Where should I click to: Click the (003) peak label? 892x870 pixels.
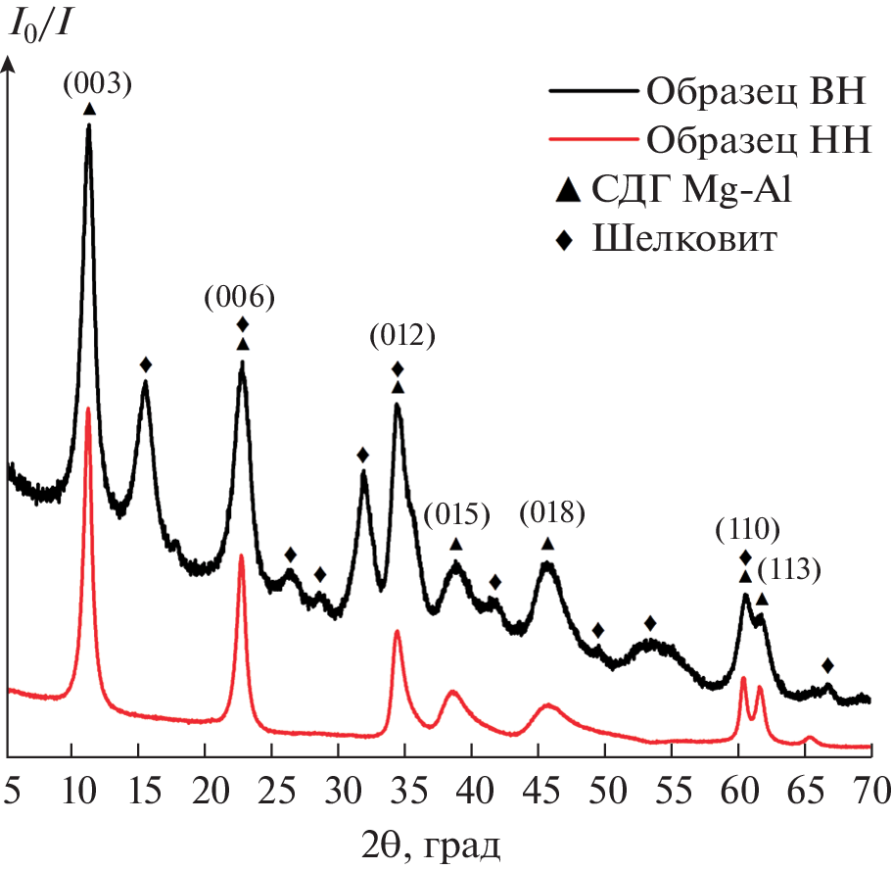click(97, 85)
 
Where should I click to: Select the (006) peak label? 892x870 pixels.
click(239, 297)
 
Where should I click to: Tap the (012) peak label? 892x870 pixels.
click(401, 337)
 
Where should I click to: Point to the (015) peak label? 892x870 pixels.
click(455, 514)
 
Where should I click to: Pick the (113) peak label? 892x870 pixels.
click(788, 568)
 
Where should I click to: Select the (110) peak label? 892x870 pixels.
click(747, 530)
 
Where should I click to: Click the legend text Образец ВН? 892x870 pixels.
click(754, 94)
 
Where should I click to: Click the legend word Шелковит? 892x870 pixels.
click(685, 239)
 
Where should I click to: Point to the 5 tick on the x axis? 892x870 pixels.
click(11, 786)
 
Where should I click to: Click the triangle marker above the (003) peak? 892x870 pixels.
click(90, 110)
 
